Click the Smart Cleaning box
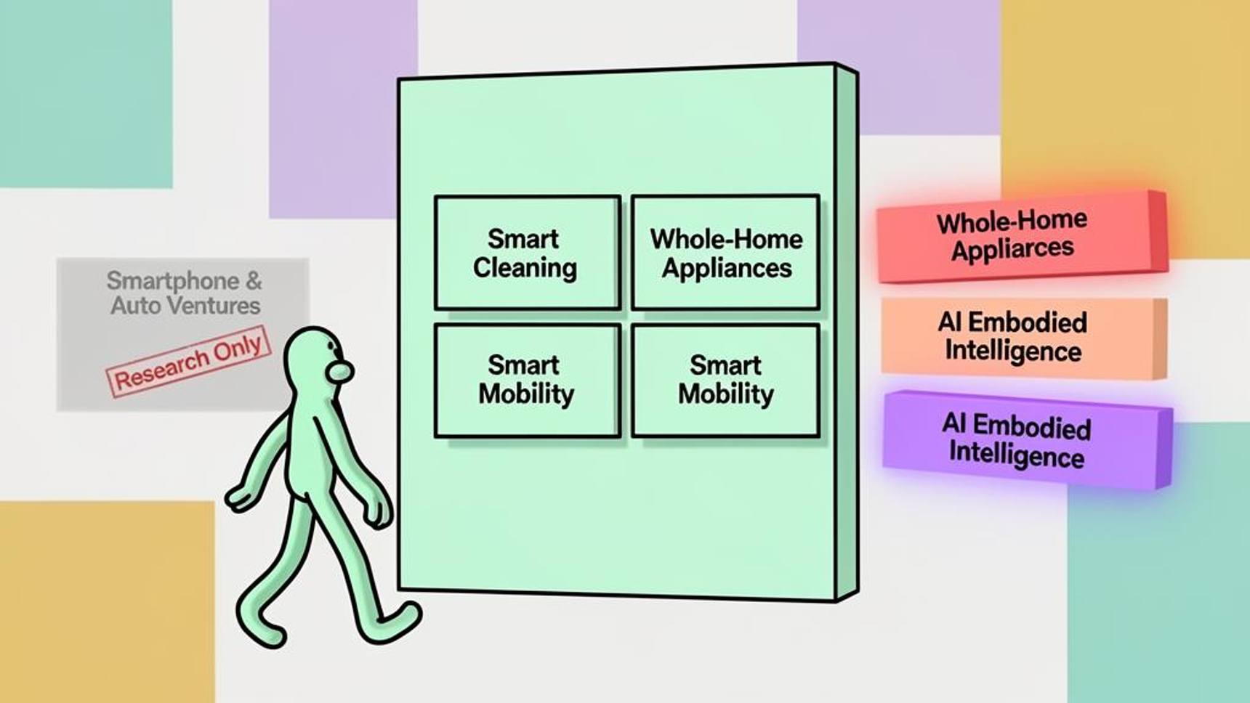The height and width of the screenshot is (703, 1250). [x=527, y=253]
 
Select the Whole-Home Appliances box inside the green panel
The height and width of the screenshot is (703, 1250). [x=726, y=253]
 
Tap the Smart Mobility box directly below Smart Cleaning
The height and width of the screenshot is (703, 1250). [x=527, y=381]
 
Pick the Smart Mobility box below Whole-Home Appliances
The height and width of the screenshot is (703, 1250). [x=726, y=381]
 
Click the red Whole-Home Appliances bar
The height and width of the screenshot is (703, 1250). [x=1022, y=236]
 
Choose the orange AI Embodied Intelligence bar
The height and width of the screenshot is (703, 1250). [x=1024, y=338]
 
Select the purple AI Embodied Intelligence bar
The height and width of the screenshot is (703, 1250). [x=1027, y=439]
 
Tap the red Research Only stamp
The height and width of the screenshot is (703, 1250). [x=188, y=361]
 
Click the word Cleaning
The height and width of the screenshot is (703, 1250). [x=525, y=268]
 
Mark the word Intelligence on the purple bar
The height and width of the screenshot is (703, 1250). [x=1017, y=455]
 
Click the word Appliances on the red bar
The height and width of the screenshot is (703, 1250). [x=1012, y=249]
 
